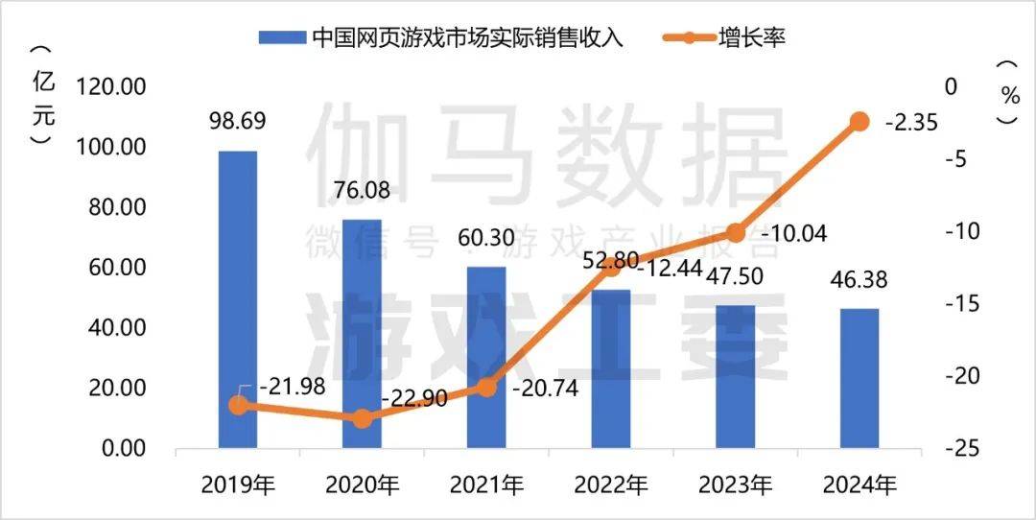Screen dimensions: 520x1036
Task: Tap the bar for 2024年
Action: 859,378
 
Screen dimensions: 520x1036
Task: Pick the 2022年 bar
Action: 611,368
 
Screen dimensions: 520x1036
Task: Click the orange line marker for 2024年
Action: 859,121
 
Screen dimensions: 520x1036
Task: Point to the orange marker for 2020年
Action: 362,419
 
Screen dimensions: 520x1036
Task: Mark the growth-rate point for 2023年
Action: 736,232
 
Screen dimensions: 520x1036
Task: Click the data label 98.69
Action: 237,122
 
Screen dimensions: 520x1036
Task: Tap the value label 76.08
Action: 362,191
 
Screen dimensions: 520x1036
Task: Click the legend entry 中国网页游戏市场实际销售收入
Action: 441,38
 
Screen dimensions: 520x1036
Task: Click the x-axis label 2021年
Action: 486,485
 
